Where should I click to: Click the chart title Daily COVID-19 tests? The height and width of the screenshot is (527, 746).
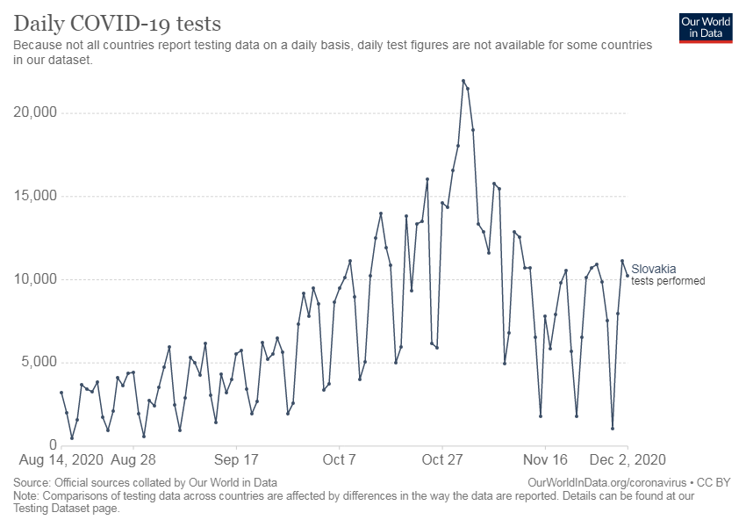[117, 24]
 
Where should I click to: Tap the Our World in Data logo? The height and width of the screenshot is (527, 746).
[706, 28]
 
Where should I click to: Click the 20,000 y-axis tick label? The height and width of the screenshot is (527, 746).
[35, 112]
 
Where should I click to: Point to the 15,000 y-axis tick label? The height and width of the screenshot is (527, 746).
[35, 196]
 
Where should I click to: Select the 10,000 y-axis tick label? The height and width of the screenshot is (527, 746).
[35, 279]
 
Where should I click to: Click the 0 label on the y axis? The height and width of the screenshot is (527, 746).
[53, 444]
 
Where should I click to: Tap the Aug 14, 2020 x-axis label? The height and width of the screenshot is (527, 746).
[61, 460]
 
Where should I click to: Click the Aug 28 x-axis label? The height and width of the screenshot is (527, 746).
[133, 460]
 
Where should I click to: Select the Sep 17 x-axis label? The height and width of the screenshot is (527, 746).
[236, 460]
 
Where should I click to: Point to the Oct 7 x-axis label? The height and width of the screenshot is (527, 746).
[340, 460]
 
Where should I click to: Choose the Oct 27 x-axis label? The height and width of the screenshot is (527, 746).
[442, 460]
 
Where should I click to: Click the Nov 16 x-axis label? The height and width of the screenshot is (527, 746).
[545, 460]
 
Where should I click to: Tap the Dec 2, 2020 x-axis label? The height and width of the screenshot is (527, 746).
[628, 460]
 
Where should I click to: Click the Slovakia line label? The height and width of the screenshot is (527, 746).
[653, 269]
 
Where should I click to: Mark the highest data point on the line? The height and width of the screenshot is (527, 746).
[463, 81]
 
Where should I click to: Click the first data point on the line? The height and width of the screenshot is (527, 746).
[61, 393]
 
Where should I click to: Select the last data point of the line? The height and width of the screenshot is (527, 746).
[628, 276]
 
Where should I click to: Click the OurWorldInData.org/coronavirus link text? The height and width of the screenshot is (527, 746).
[607, 483]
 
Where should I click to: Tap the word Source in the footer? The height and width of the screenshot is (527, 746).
[31, 483]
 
